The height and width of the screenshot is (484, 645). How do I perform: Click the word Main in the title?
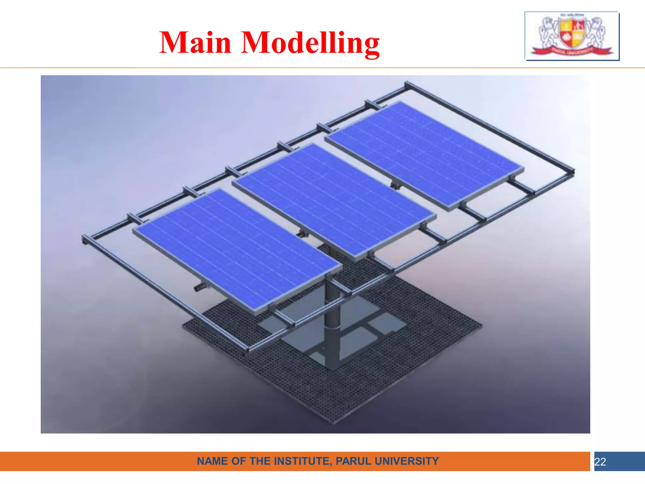[195, 43]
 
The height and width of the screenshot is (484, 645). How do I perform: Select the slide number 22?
[600, 462]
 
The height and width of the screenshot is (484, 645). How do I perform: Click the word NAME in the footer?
[213, 461]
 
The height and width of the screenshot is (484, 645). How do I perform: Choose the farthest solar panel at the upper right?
[424, 154]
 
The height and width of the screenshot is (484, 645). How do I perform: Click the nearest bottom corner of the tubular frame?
[247, 350]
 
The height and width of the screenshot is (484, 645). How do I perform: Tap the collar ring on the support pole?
[333, 328]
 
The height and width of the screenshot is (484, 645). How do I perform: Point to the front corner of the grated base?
[334, 422]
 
